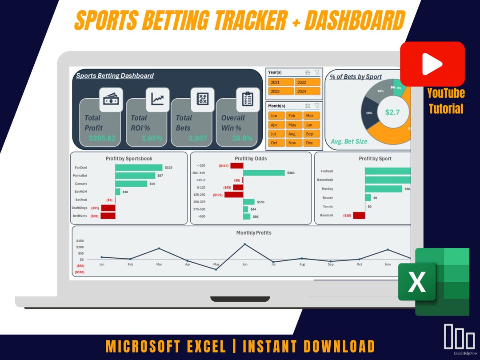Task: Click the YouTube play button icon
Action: (432, 64)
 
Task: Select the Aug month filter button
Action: (292, 134)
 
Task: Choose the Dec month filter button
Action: (309, 143)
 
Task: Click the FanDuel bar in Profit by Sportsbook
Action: (139, 168)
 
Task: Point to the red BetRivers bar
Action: (108, 216)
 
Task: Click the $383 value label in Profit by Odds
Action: (291, 173)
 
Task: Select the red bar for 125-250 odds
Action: (234, 195)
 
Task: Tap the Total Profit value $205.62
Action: (102, 138)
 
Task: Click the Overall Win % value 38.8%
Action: (242, 138)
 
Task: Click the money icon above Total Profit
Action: (111, 100)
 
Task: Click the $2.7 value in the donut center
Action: (392, 112)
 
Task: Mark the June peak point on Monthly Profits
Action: (244, 244)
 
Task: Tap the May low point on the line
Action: (216, 269)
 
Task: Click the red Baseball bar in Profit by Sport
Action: (359, 215)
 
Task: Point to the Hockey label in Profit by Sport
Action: (327, 189)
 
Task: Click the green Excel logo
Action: (433, 282)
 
